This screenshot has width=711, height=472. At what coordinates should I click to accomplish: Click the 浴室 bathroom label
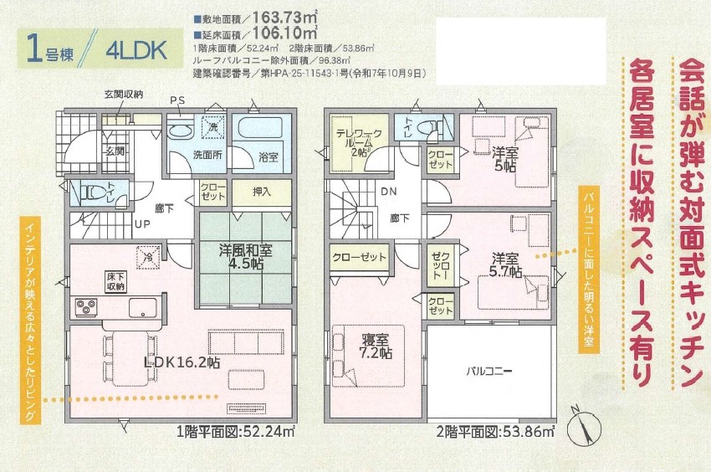[256, 156]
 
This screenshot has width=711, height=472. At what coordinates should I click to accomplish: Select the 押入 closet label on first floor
[262, 192]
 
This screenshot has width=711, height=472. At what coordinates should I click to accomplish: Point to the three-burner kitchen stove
[87, 307]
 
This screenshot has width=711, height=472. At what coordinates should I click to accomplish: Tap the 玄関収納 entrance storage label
[123, 94]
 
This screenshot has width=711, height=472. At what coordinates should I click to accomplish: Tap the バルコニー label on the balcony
[489, 370]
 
